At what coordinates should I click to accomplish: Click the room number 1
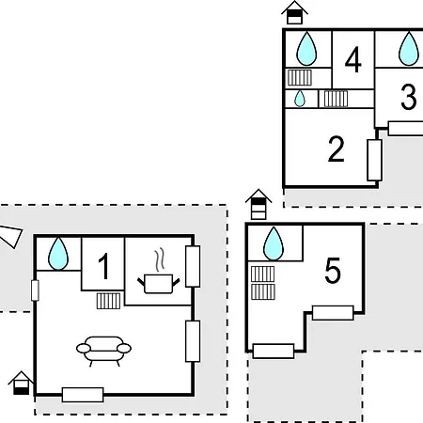pos(104,266)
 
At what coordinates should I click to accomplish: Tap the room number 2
pos(337,149)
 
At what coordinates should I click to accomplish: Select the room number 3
pos(409,97)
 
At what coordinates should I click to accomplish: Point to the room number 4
pos(353,59)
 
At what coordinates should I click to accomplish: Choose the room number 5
pos(333,271)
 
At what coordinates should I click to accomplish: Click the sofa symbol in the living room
pos(103,351)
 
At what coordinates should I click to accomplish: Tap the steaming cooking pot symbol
pos(159,272)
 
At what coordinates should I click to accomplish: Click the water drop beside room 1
pos(58,254)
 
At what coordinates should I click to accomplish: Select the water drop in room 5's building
pos(274,243)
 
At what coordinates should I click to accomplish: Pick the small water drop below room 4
pos(300,99)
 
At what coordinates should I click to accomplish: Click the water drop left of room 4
pos(306,49)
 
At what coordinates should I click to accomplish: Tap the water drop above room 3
pos(409,49)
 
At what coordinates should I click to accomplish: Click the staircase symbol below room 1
pos(108,301)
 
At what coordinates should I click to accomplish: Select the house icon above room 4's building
pos(294,13)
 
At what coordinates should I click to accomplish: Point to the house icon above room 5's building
pos(258,204)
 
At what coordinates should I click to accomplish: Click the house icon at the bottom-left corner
pos(21,383)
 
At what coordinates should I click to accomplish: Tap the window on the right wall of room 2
pos(374,160)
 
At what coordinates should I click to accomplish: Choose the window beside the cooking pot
pos(193,266)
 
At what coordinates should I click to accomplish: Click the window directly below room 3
pos(406,129)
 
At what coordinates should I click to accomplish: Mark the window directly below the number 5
pos(333,313)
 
